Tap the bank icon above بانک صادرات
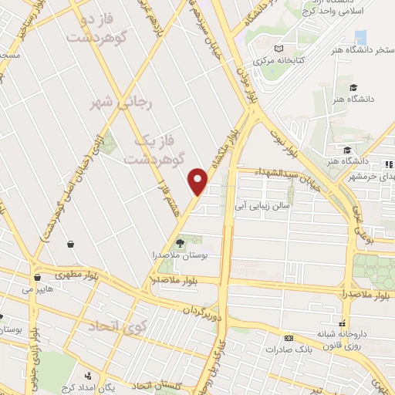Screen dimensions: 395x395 pos(289,338)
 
